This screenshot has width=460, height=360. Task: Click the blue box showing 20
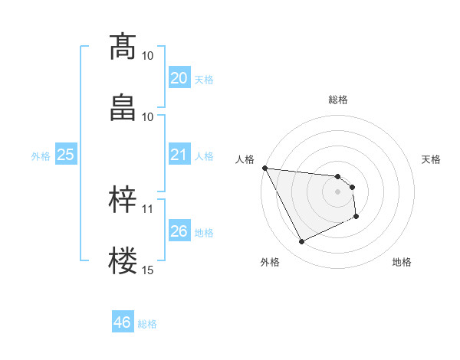point(179,78)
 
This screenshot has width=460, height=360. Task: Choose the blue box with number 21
point(179,155)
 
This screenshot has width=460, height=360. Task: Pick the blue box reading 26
point(179,231)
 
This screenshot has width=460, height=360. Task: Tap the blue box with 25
point(65,155)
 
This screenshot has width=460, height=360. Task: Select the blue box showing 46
point(122,322)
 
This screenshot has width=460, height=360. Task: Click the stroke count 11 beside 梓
point(148,208)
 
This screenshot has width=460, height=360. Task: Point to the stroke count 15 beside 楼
point(148,270)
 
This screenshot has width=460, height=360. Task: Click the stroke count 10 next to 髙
point(148,55)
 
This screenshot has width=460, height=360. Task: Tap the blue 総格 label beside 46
point(147,324)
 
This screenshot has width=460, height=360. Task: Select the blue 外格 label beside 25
point(41,156)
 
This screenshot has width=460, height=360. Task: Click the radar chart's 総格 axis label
point(338,100)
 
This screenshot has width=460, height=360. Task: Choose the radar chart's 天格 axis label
point(432,159)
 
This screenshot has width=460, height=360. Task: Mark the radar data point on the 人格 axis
point(265,168)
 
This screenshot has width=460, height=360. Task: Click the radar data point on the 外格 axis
point(301,242)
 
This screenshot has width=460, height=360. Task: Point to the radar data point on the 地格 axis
point(356,217)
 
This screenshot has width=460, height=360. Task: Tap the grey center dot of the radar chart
point(338,191)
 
